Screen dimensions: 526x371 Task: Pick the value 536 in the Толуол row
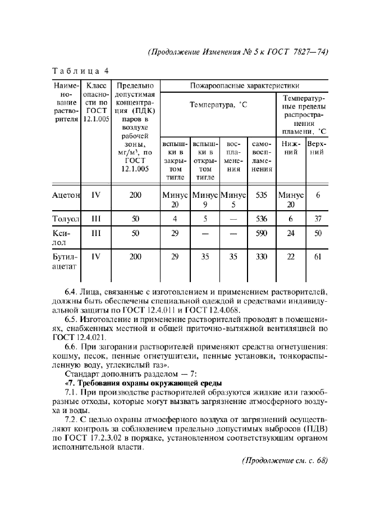(x=260, y=218)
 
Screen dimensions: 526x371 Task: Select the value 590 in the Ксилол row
(x=260, y=233)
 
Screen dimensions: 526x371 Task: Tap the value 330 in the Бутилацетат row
(x=260, y=256)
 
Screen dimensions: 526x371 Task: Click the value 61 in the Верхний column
(x=318, y=256)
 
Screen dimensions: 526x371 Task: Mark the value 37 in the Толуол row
(x=318, y=218)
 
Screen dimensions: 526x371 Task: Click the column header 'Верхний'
(x=318, y=148)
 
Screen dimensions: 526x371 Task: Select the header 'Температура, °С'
(x=218, y=105)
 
